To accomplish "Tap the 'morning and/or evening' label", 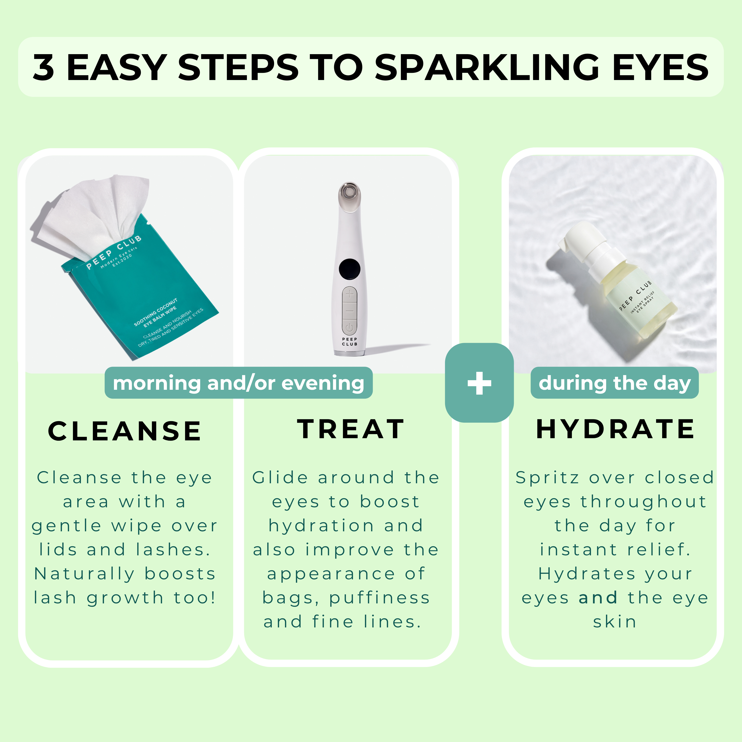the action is [239, 383].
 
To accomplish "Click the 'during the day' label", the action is [614, 383].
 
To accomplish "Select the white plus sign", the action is [479, 383].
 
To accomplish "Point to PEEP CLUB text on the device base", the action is [349, 341].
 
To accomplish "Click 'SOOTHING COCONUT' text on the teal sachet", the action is [156, 312].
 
